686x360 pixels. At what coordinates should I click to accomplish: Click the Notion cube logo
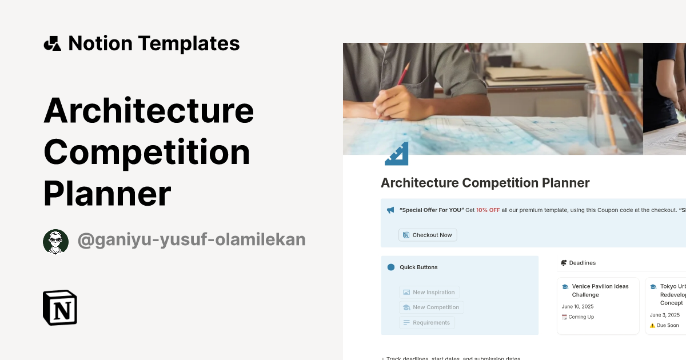click(x=60, y=307)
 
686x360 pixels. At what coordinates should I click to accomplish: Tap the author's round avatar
click(x=55, y=241)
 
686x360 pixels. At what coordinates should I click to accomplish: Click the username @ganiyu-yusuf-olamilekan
click(x=192, y=240)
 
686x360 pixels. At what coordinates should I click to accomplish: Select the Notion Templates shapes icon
click(x=52, y=43)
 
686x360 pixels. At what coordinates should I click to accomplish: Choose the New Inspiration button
click(x=429, y=292)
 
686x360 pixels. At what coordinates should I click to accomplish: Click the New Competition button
click(x=431, y=307)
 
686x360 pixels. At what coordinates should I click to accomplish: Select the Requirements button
click(x=426, y=322)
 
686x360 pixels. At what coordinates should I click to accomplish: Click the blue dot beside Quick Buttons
click(x=391, y=267)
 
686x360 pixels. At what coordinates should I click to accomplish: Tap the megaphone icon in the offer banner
click(x=390, y=210)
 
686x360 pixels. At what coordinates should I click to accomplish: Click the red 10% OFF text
click(x=488, y=210)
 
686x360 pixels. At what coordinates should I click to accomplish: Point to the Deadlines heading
click(x=582, y=263)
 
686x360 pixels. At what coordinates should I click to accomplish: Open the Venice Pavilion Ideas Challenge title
click(x=600, y=290)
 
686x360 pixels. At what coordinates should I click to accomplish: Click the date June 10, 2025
click(x=577, y=306)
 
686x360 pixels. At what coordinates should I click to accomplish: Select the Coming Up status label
click(x=581, y=317)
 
